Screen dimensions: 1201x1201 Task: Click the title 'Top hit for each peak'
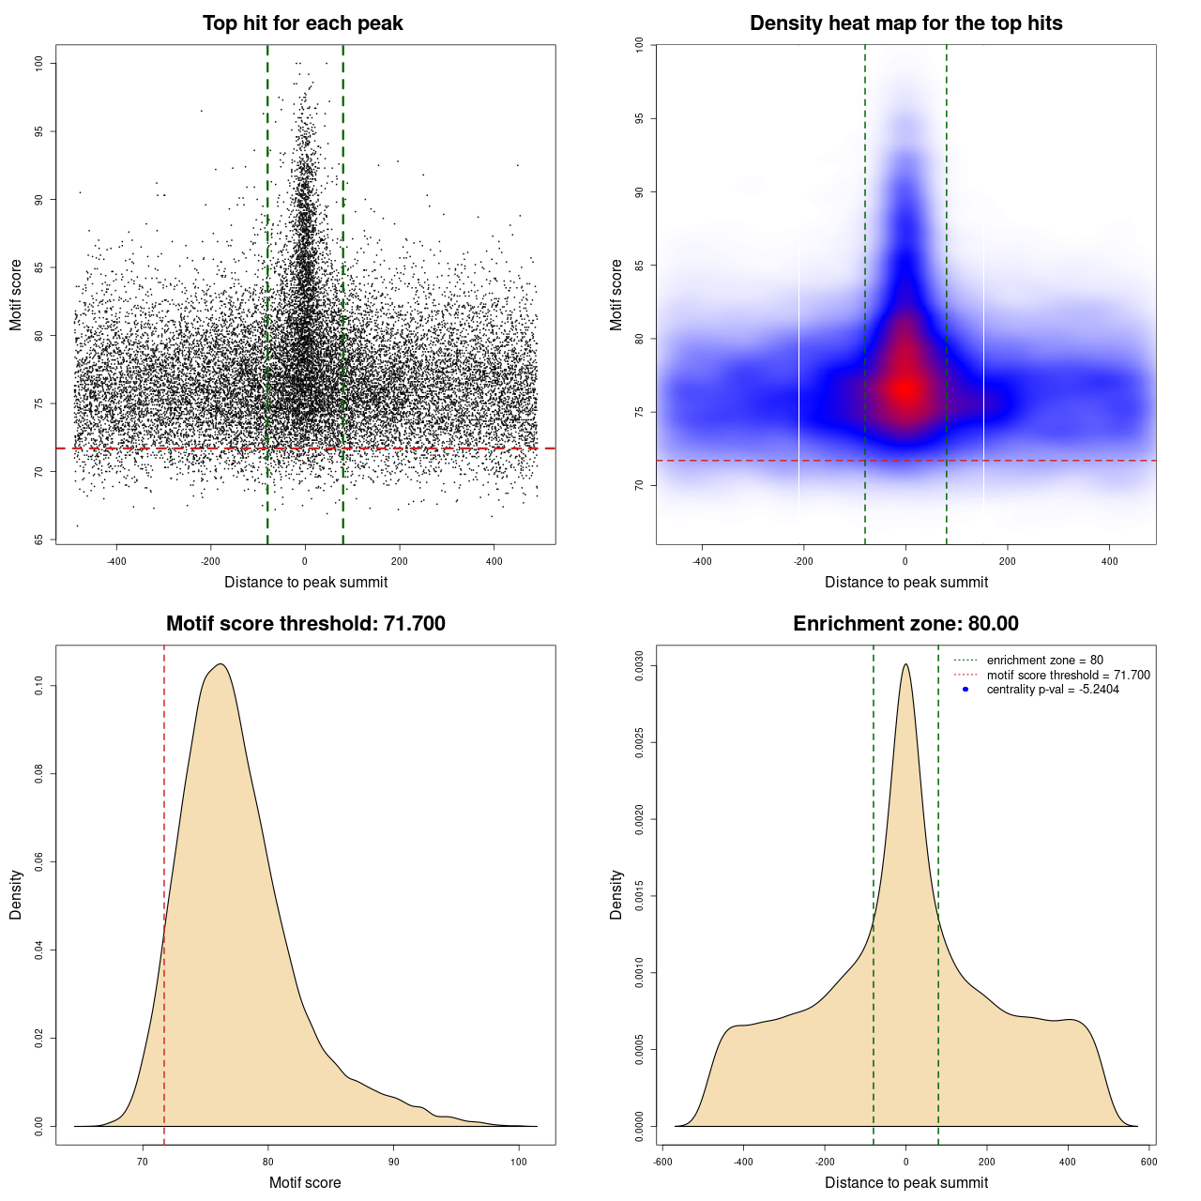(x=302, y=23)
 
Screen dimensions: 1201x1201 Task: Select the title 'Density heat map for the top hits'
(x=905, y=23)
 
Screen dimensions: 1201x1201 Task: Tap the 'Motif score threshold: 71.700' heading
(x=305, y=624)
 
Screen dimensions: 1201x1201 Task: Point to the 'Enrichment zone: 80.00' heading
(x=905, y=624)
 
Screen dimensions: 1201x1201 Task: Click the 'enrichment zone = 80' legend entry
(x=1044, y=661)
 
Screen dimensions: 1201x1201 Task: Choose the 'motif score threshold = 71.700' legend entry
(x=1068, y=676)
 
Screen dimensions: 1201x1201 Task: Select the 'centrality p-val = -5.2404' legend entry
(x=1053, y=690)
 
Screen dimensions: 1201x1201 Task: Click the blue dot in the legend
(x=965, y=690)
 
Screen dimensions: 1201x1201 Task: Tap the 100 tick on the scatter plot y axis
(x=38, y=63)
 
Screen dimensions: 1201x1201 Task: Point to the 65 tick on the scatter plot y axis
(x=38, y=540)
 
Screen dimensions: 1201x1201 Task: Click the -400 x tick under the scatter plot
(x=116, y=562)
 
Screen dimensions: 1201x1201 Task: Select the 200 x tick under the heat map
(x=1007, y=562)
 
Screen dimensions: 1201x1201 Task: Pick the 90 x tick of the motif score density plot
(x=394, y=1162)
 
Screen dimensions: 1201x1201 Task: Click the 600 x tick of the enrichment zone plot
(x=1148, y=1162)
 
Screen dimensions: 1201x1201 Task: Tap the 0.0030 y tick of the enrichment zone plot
(x=639, y=666)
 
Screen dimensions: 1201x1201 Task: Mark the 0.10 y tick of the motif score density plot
(x=38, y=686)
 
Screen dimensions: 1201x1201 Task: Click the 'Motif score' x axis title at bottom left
(x=305, y=1182)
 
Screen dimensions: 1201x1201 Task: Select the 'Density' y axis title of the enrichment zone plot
(x=616, y=894)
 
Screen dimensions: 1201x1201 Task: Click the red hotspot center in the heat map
(x=905, y=387)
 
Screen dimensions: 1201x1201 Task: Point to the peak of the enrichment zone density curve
(x=905, y=665)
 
